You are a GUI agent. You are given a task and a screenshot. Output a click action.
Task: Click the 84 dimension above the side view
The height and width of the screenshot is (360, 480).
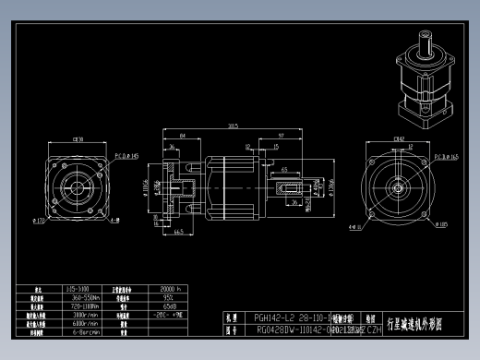coord(183,135)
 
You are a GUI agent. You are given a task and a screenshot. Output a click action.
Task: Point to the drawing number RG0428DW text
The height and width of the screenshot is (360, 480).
coord(277,329)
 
